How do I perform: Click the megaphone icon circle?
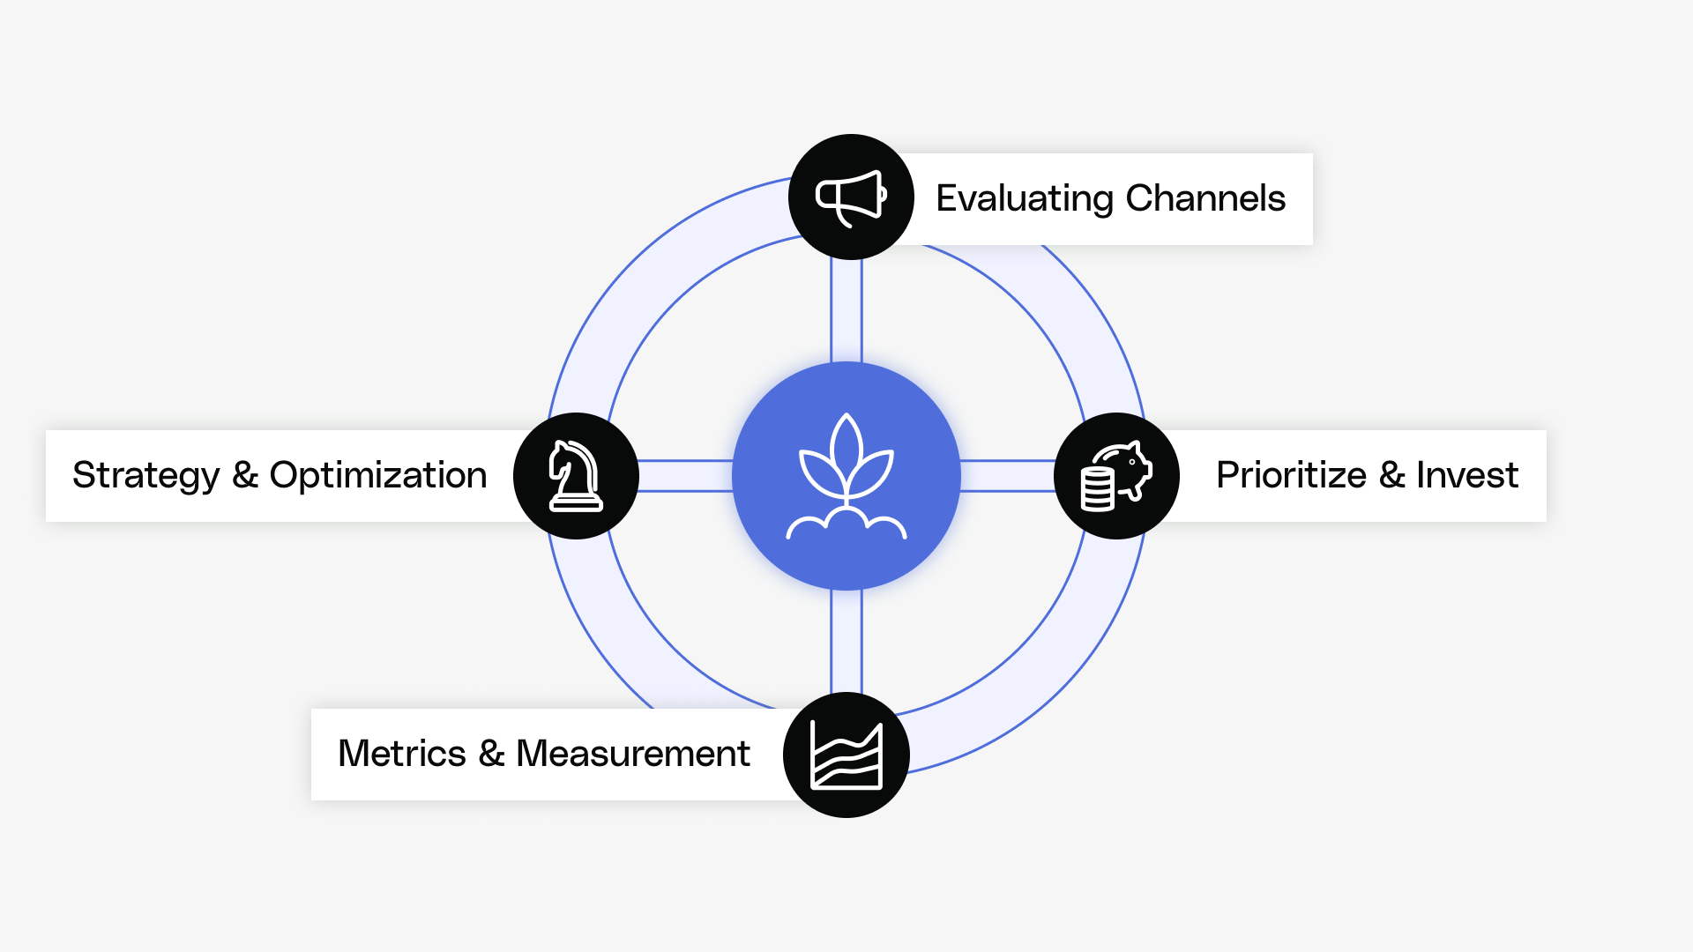point(851,197)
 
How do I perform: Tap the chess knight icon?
point(576,476)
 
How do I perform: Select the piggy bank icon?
point(1116,476)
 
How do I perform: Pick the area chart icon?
point(846,755)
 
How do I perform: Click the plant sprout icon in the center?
point(846,476)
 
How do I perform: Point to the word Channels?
point(1205,198)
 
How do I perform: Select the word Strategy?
point(145,476)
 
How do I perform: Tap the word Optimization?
point(378,476)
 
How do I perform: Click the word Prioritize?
point(1291,476)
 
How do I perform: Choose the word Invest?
point(1467,476)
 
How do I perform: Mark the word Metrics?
point(402,755)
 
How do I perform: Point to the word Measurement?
point(632,755)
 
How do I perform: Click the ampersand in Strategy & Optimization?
point(244,476)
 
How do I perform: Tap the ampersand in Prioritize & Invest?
point(1391,476)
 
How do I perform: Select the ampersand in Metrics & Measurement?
point(491,755)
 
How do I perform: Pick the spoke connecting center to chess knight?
point(685,476)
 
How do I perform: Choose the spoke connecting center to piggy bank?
point(1007,476)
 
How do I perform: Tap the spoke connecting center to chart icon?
point(846,641)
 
